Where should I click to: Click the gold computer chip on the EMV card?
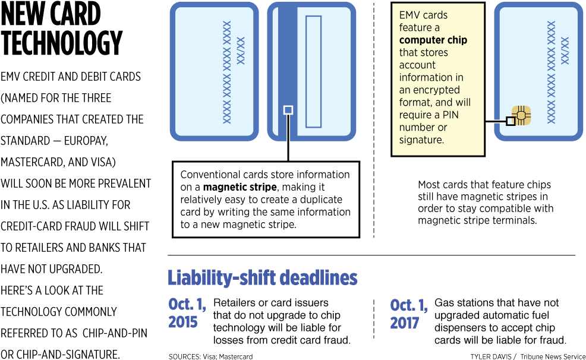click(x=521, y=115)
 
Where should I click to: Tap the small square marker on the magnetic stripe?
click(x=288, y=110)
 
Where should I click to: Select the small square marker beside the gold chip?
click(x=511, y=121)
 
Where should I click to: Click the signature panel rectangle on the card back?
click(x=313, y=72)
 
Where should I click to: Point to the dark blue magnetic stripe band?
click(x=288, y=59)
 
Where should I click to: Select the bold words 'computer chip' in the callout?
click(x=433, y=40)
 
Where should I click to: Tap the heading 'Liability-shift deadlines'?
click(x=262, y=278)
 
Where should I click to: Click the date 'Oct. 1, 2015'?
click(x=187, y=313)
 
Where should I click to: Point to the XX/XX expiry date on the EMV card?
click(x=565, y=50)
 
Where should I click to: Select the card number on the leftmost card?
click(x=226, y=72)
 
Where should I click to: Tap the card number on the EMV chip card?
click(x=551, y=72)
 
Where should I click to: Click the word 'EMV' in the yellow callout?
click(x=410, y=15)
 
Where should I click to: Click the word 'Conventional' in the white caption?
click(x=207, y=175)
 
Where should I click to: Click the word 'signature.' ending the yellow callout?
click(x=421, y=140)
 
